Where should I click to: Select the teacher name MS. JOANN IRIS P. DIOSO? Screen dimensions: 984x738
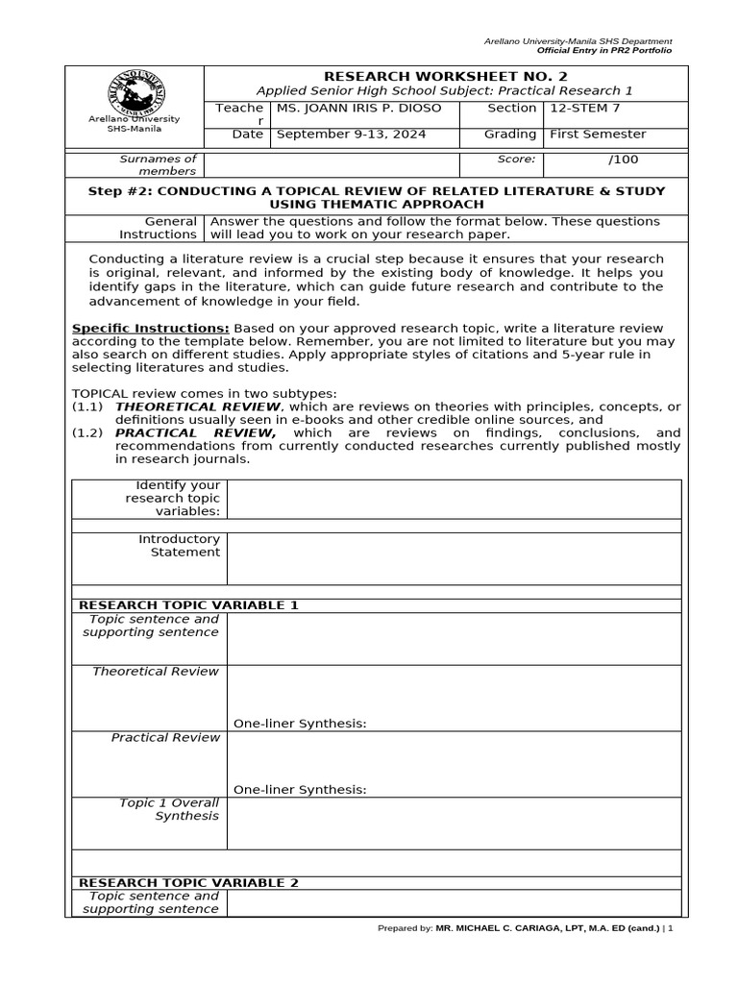(358, 109)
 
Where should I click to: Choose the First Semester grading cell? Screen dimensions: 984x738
(597, 135)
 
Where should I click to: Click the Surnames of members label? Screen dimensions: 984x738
(158, 165)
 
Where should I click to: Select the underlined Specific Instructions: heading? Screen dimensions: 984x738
(151, 328)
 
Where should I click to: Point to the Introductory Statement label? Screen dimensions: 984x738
(179, 546)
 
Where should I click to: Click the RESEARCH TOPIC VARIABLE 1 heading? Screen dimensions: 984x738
(188, 605)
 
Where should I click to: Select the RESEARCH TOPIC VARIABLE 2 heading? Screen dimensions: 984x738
(188, 882)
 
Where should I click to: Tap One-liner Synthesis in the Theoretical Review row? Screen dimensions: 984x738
(300, 724)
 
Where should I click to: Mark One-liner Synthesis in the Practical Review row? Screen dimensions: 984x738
(300, 790)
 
